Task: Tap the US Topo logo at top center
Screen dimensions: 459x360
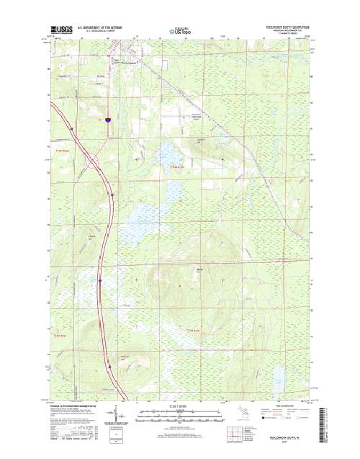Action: point(180,31)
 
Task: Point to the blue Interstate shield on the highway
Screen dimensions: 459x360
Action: point(106,121)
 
